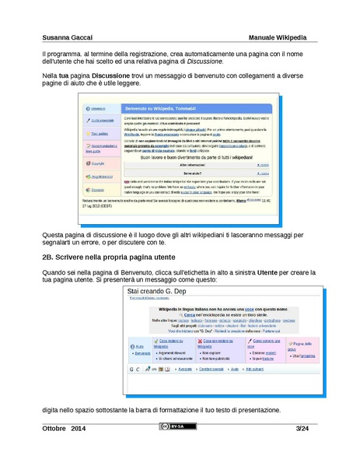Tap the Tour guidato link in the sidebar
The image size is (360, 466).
(100, 134)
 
